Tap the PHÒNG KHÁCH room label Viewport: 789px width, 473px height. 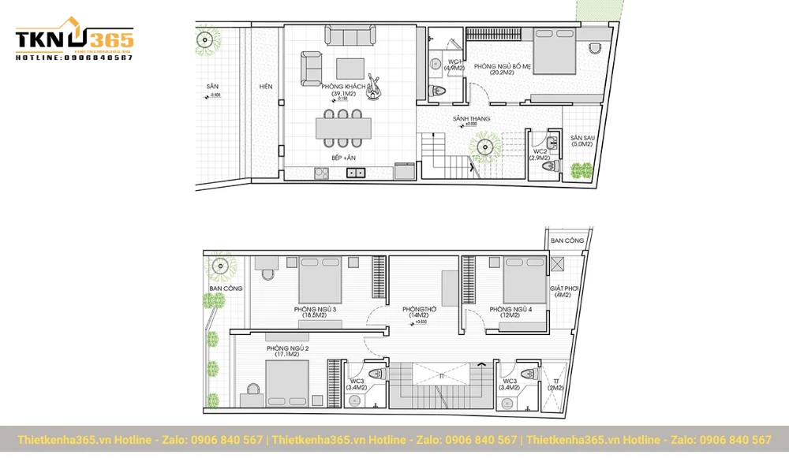343,89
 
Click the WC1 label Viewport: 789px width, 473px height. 454,65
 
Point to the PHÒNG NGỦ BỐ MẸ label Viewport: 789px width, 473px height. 502,68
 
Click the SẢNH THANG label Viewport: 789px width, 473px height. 471,119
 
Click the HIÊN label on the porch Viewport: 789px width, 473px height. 265,87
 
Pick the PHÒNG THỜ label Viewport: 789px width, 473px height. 419,312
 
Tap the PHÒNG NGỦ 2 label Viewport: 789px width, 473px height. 287,351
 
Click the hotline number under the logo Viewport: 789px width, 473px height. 74,58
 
